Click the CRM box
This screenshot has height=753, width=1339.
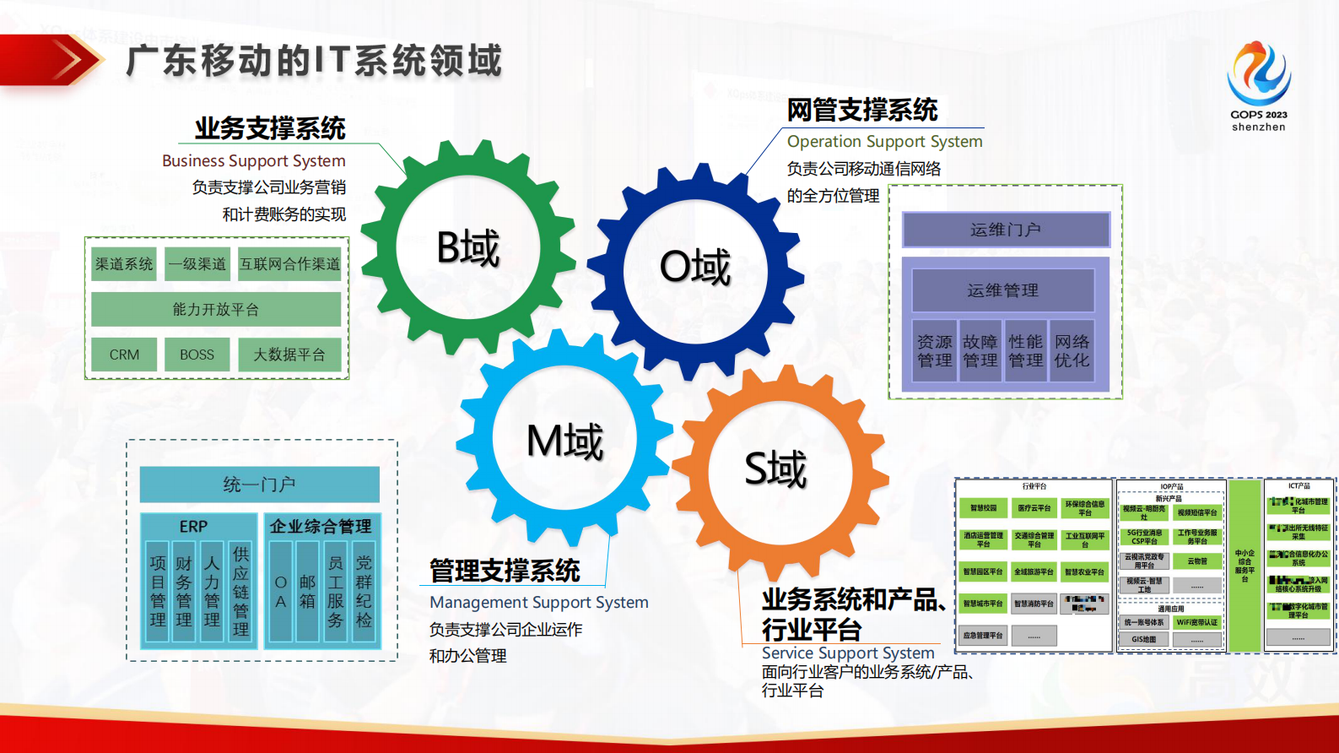[x=124, y=355]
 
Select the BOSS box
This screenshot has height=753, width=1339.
[x=197, y=355]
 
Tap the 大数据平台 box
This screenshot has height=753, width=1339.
[x=289, y=355]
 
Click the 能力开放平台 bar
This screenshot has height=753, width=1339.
[x=216, y=309]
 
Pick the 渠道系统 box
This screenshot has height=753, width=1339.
[x=124, y=264]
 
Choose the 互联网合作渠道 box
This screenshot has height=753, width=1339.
[x=289, y=264]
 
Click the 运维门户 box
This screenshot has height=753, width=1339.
[x=1006, y=230]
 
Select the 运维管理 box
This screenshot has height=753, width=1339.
[x=1002, y=290]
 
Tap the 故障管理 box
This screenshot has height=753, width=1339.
[x=980, y=351]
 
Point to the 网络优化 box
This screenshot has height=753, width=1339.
[x=1072, y=351]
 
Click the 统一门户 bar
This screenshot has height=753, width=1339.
[x=259, y=485]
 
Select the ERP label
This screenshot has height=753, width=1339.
[x=193, y=526]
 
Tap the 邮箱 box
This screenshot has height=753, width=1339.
[x=307, y=592]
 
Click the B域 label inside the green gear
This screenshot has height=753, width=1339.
[x=468, y=248]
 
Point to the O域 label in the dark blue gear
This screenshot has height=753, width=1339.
[x=695, y=268]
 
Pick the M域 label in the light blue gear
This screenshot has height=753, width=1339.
[x=564, y=441]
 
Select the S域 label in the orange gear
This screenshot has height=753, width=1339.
[x=775, y=469]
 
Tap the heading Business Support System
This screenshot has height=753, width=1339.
[x=253, y=160]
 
